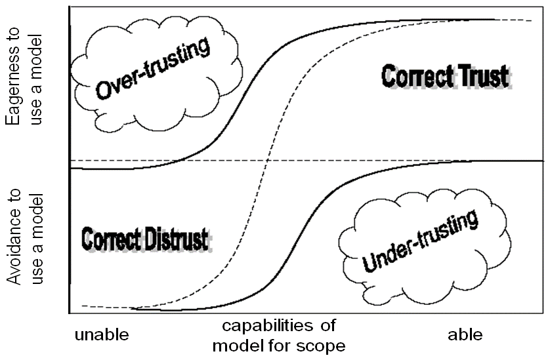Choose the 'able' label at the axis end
465,335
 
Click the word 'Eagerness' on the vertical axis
13,89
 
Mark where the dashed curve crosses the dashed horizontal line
268,161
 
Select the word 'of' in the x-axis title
319,327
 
